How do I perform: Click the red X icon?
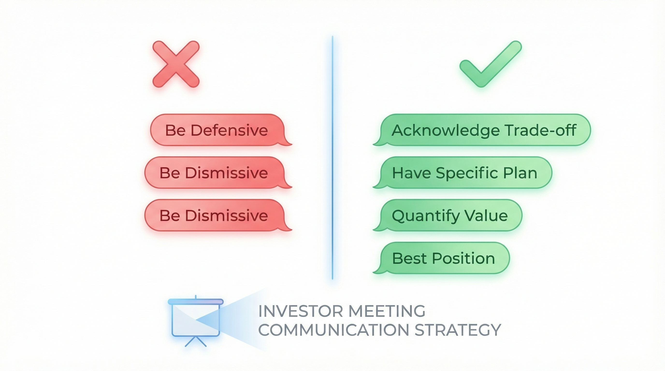tap(176, 64)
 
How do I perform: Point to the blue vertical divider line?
tap(332, 157)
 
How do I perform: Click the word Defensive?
tap(229, 130)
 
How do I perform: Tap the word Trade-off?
tap(541, 130)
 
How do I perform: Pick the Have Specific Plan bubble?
tap(465, 173)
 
